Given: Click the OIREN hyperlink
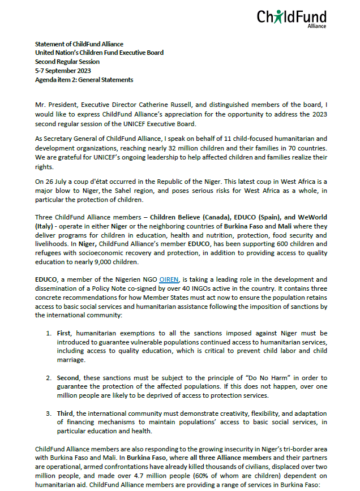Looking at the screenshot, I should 169,279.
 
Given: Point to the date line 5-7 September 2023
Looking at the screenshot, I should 64,71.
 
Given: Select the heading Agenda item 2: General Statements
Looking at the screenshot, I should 84,80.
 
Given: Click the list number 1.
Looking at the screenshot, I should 49,334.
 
